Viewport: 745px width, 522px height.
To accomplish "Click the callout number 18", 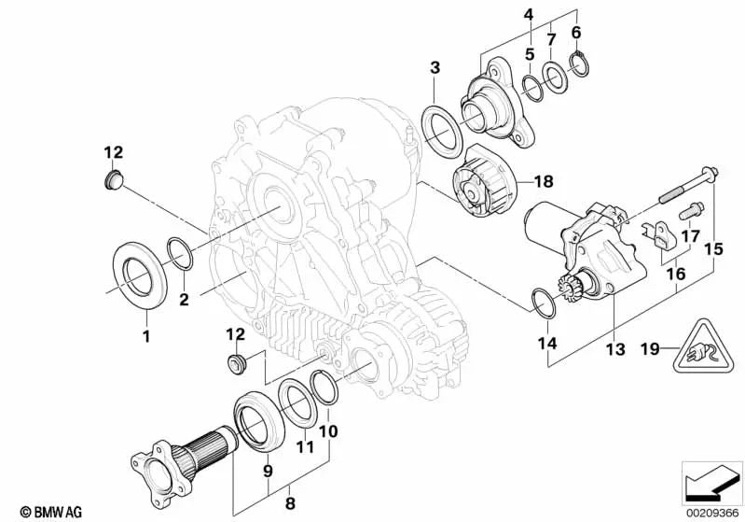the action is (544, 181).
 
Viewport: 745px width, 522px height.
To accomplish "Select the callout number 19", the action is (650, 349).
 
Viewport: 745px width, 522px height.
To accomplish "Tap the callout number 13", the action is (615, 349).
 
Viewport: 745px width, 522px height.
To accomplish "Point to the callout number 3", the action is (435, 67).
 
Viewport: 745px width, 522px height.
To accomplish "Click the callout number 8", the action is (290, 503).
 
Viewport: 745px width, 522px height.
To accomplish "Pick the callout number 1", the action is (146, 336).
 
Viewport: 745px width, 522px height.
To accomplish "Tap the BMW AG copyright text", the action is (51, 512).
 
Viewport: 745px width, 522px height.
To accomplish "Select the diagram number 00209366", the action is (712, 514).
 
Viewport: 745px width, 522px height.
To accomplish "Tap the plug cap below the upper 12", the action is (113, 178).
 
